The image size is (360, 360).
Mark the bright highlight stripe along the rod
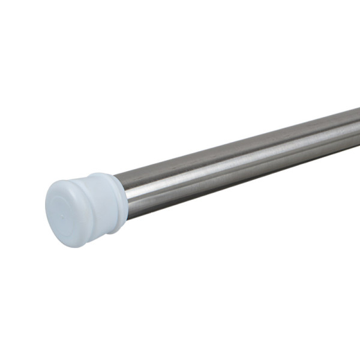(240, 157)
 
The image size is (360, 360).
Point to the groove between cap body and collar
(110, 198)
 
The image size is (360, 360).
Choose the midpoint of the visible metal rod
(240, 159)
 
